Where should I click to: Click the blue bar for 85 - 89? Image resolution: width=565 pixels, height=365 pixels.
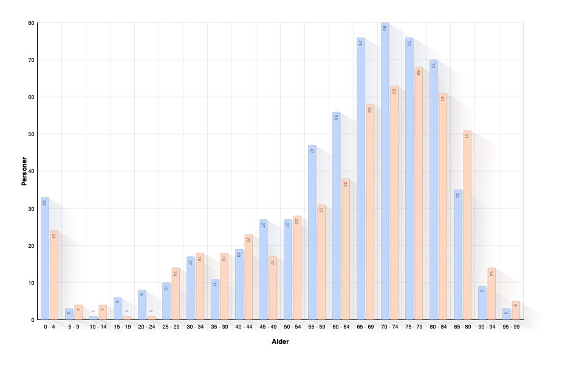pyautogui.click(x=457, y=254)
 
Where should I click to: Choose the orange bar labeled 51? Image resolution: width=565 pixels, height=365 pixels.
pyautogui.click(x=467, y=225)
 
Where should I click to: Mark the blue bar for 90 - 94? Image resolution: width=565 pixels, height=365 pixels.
pyautogui.click(x=482, y=302)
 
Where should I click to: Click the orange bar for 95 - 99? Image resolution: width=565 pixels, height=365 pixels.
pyautogui.click(x=515, y=310)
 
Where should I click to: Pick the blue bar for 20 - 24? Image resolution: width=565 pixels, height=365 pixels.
pyautogui.click(x=142, y=304)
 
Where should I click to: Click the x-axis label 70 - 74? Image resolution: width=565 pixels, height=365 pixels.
pyautogui.click(x=389, y=327)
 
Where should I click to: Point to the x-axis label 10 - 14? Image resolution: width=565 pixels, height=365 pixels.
pyautogui.click(x=97, y=327)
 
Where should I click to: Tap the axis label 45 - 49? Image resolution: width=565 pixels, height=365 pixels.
pyautogui.click(x=267, y=327)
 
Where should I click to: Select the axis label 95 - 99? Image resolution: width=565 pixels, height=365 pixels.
pyautogui.click(x=510, y=327)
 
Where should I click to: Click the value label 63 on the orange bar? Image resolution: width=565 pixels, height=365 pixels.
pyautogui.click(x=394, y=91)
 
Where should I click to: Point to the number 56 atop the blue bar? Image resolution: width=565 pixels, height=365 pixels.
pyautogui.click(x=336, y=117)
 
